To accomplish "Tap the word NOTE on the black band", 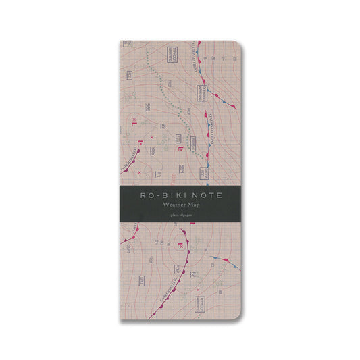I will tap(207, 195).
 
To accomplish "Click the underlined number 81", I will tap(157, 174).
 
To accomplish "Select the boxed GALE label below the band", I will tap(143, 280).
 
